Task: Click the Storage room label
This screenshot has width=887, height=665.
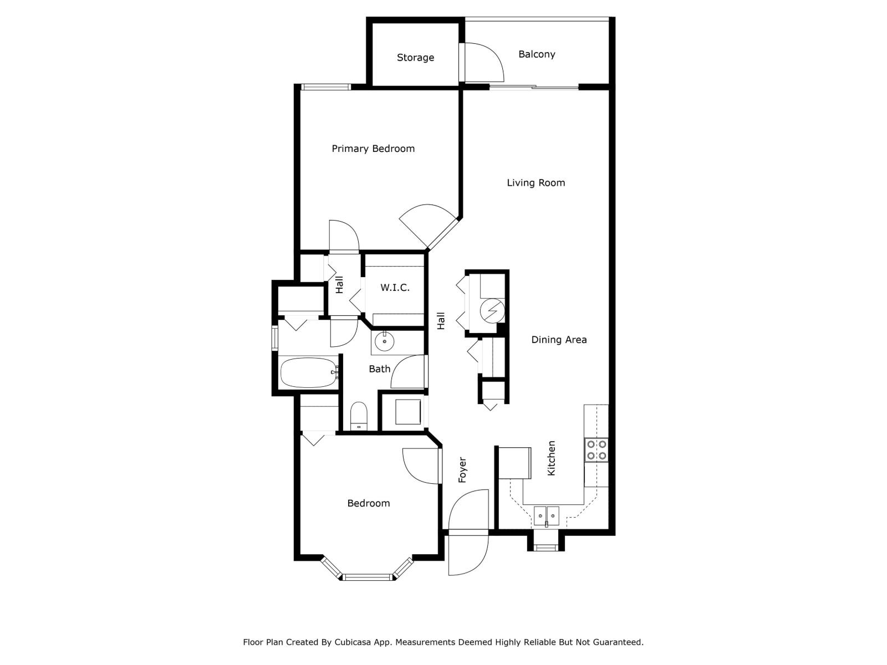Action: pos(415,58)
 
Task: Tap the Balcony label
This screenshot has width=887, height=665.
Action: pos(537,54)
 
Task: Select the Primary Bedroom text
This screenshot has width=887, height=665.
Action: pos(373,149)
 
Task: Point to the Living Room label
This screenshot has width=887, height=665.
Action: pos(536,183)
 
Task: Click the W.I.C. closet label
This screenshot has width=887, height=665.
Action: pos(395,288)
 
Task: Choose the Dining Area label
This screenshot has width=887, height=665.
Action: pos(559,340)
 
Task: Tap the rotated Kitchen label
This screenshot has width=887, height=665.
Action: pos(551,458)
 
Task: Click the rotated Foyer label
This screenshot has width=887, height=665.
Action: pos(462,470)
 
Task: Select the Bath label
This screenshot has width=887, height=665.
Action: pos(380,369)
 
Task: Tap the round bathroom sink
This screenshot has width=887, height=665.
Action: pos(384,342)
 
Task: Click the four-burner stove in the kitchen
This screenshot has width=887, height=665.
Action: pos(597,450)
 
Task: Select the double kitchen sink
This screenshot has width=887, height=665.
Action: pos(547,516)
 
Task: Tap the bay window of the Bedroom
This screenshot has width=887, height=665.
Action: pos(367,577)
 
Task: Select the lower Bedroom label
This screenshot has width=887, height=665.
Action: pos(368,503)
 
